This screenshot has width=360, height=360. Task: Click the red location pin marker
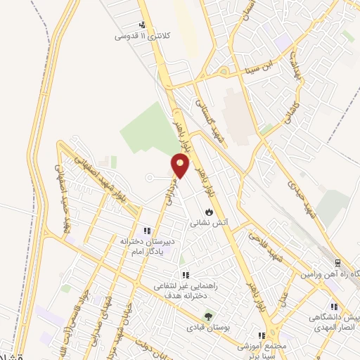[x=181, y=166]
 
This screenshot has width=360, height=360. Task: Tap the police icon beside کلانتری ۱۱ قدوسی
[x=143, y=25]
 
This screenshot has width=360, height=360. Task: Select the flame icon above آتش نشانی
[x=209, y=212]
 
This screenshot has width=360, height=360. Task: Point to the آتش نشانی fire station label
[x=209, y=223]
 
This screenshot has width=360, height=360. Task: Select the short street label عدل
[x=284, y=300]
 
